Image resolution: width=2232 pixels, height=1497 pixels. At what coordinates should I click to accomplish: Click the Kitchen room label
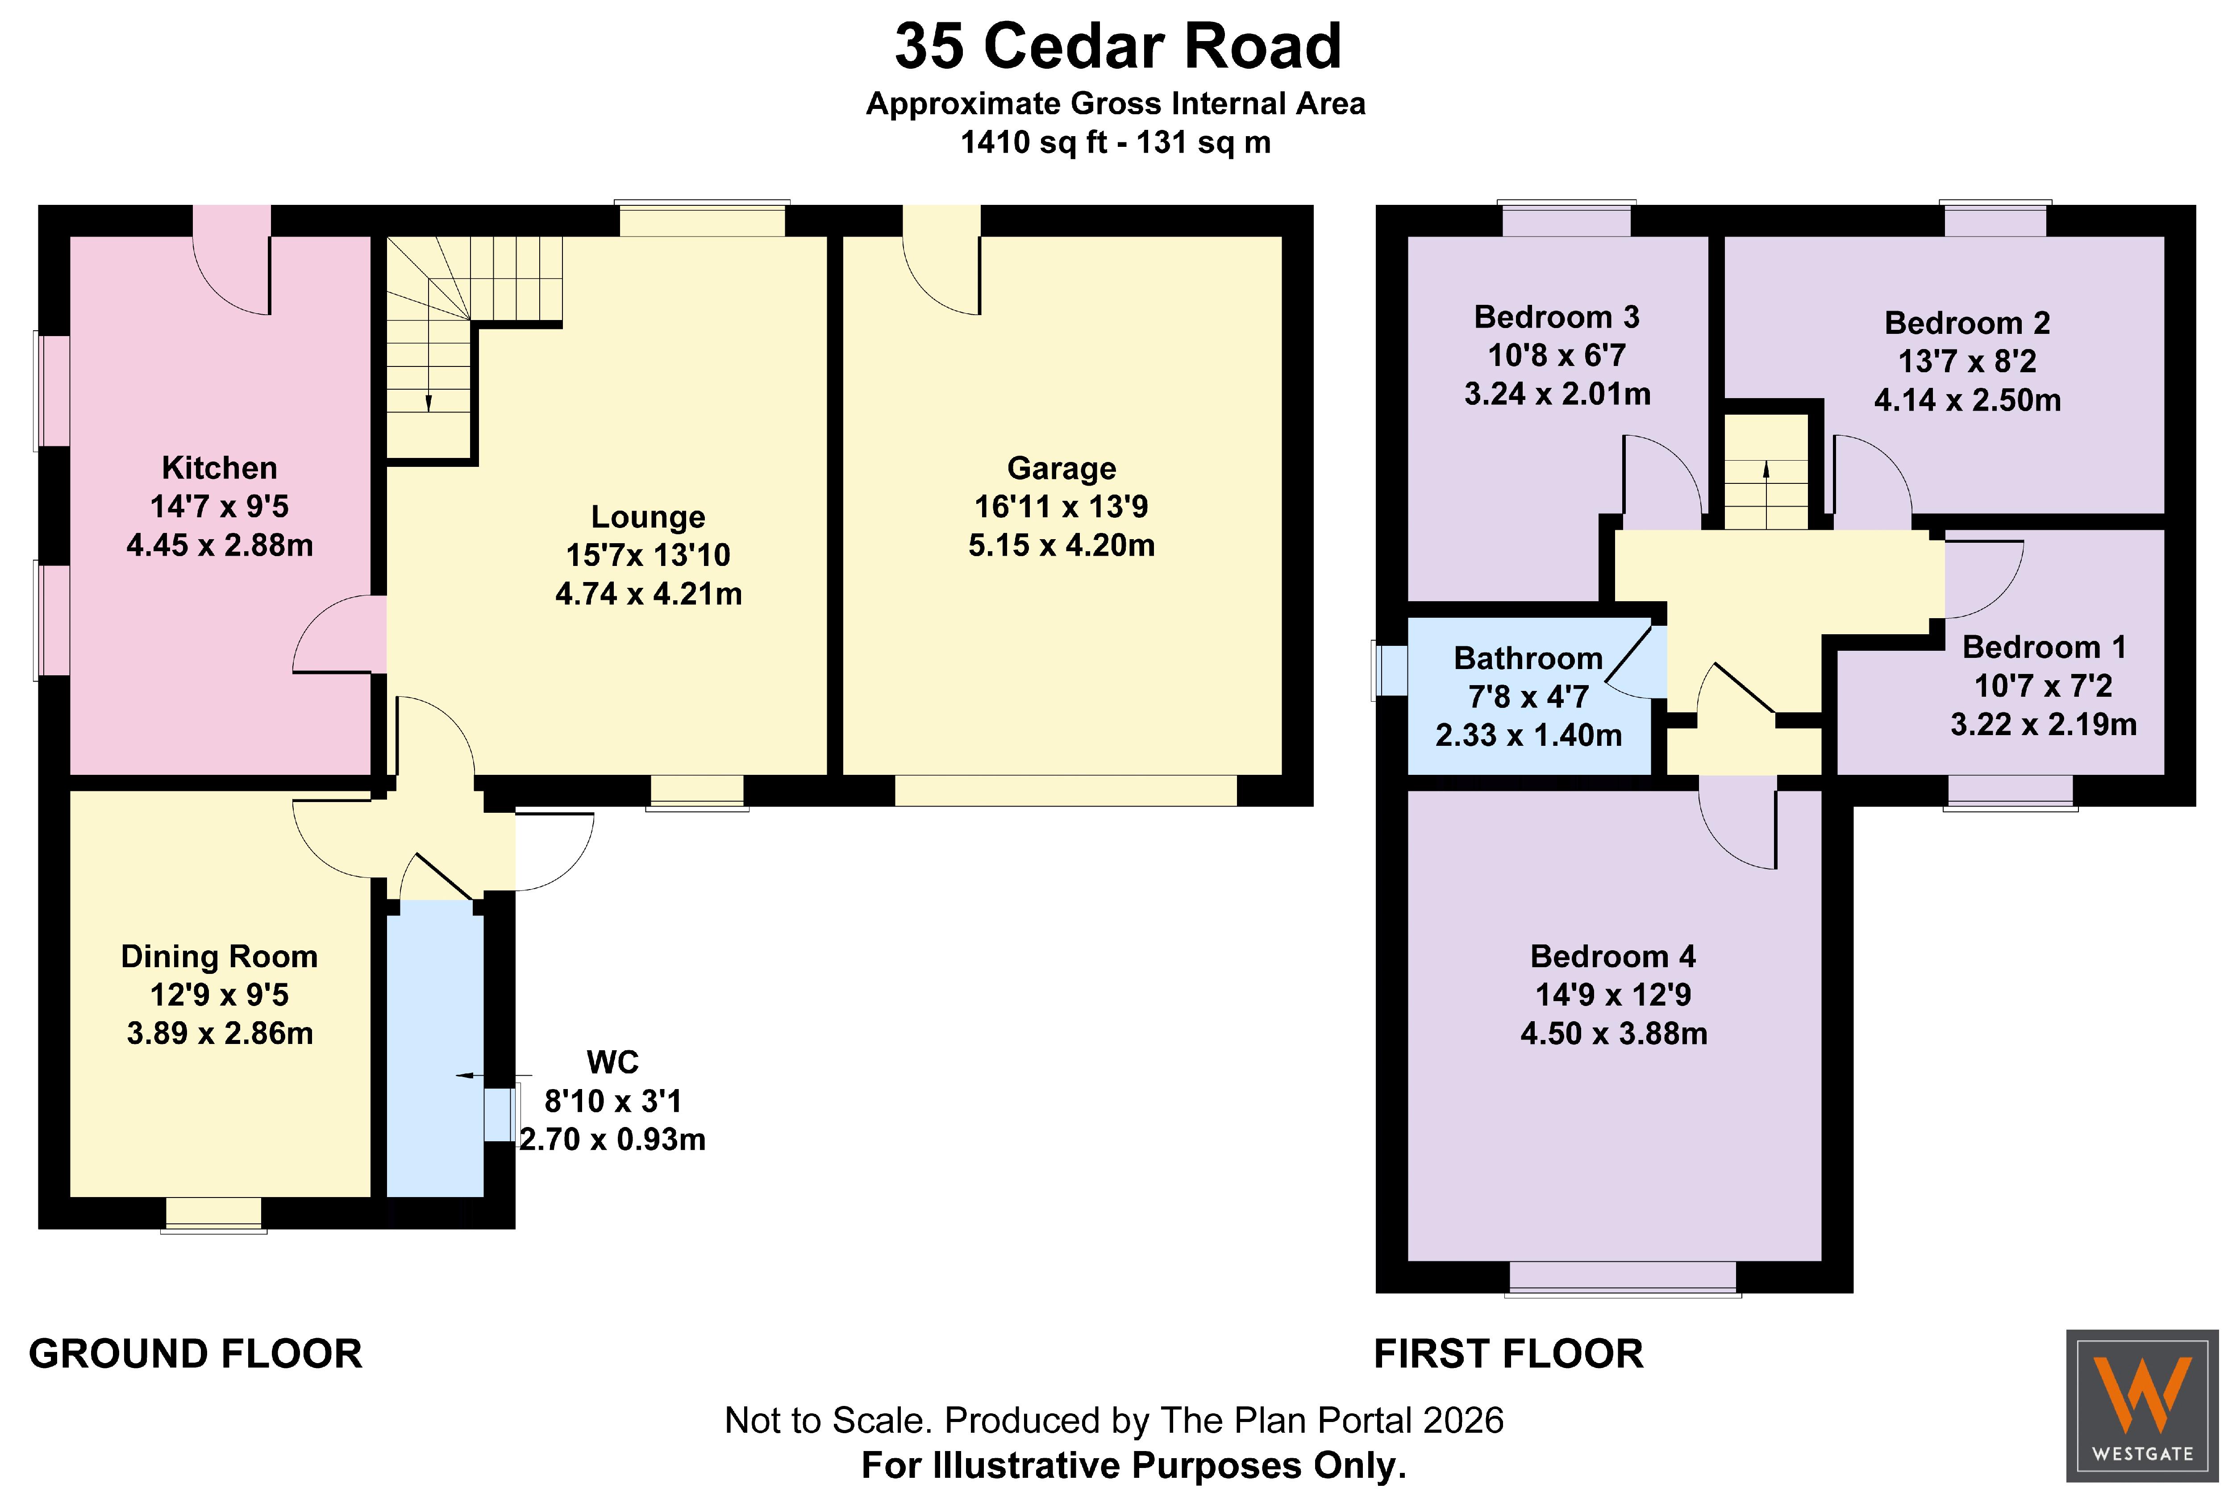pyautogui.click(x=220, y=468)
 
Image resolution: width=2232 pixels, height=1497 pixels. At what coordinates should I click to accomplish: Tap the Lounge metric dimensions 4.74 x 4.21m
pyautogui.click(x=648, y=594)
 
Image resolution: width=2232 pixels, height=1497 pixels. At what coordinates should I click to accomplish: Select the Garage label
pyautogui.click(x=1062, y=469)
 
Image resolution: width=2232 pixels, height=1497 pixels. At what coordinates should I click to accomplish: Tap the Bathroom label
pyautogui.click(x=1528, y=659)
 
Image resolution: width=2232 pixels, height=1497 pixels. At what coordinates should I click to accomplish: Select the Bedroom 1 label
pyautogui.click(x=2044, y=647)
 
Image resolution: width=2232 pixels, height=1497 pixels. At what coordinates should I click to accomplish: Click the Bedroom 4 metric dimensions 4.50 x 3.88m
pyautogui.click(x=1613, y=1033)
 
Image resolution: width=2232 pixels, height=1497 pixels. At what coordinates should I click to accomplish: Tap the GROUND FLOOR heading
pyautogui.click(x=196, y=1354)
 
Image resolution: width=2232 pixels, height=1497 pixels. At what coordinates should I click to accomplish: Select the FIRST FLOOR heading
pyautogui.click(x=1508, y=1354)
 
